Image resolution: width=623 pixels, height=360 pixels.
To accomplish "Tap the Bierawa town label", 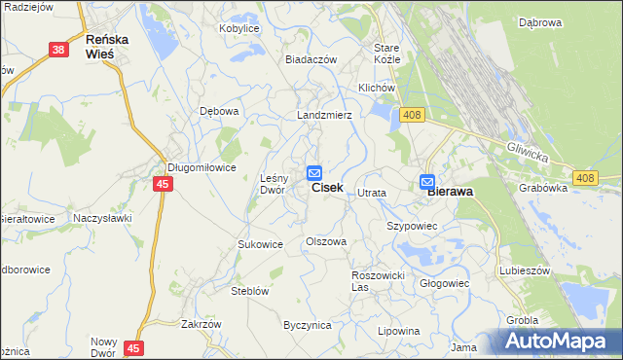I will tap(451, 192).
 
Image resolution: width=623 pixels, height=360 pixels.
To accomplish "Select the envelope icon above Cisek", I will tap(314, 172).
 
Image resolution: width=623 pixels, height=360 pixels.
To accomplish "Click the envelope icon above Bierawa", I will tap(427, 181).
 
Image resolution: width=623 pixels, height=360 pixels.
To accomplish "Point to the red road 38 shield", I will tap(59, 48).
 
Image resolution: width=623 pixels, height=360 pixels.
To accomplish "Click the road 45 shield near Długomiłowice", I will tap(163, 183).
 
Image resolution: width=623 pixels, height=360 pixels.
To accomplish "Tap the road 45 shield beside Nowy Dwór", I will tap(133, 347).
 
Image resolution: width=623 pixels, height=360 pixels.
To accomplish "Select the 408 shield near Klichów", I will tap(412, 116).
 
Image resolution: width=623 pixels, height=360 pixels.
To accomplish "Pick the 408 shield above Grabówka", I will tap(585, 177).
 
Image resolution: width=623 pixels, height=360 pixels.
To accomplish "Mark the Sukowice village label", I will tap(260, 244).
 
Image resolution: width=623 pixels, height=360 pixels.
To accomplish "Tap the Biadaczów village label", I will tap(311, 59).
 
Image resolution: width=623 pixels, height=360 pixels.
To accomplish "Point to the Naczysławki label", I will tap(101, 219).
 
